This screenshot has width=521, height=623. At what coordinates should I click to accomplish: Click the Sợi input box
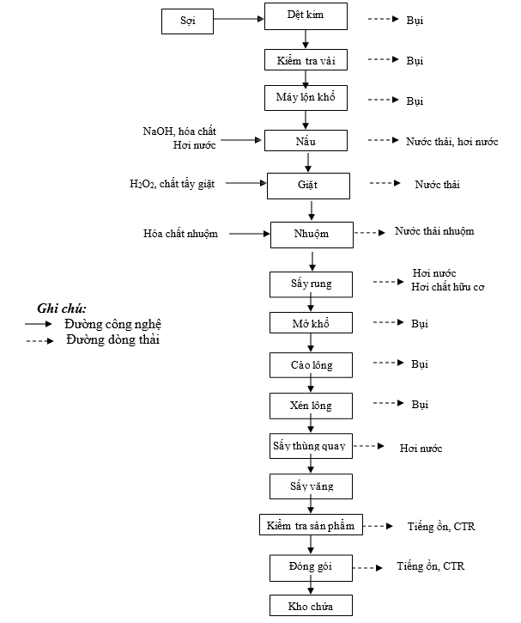coord(188,21)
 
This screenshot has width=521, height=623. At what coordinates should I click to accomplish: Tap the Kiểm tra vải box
coord(306,59)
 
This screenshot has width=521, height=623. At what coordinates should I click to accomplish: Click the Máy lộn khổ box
coord(306,99)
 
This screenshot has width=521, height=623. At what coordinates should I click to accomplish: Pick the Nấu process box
coord(306,140)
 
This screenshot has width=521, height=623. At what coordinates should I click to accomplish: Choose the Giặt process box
coord(309,186)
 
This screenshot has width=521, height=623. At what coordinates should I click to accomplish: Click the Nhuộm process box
coord(312,234)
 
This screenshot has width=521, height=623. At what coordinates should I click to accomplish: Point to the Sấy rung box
coord(311,284)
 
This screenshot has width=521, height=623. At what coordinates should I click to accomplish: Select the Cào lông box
coord(311,365)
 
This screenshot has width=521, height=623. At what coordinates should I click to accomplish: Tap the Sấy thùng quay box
coord(311,445)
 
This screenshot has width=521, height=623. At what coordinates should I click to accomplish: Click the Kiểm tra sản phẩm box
coord(312,524)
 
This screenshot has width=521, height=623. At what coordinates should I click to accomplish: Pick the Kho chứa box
coord(311,605)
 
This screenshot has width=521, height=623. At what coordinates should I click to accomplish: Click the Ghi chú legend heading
coord(62,308)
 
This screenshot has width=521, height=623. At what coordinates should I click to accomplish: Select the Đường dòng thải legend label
coord(112,340)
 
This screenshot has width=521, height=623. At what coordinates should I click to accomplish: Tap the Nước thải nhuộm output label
coord(433,231)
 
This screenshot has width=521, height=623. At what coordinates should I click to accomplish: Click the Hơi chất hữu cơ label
coord(447,287)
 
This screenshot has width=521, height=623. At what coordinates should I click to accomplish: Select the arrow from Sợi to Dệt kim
coord(239,19)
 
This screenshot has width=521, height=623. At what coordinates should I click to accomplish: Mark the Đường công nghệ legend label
coord(112,324)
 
